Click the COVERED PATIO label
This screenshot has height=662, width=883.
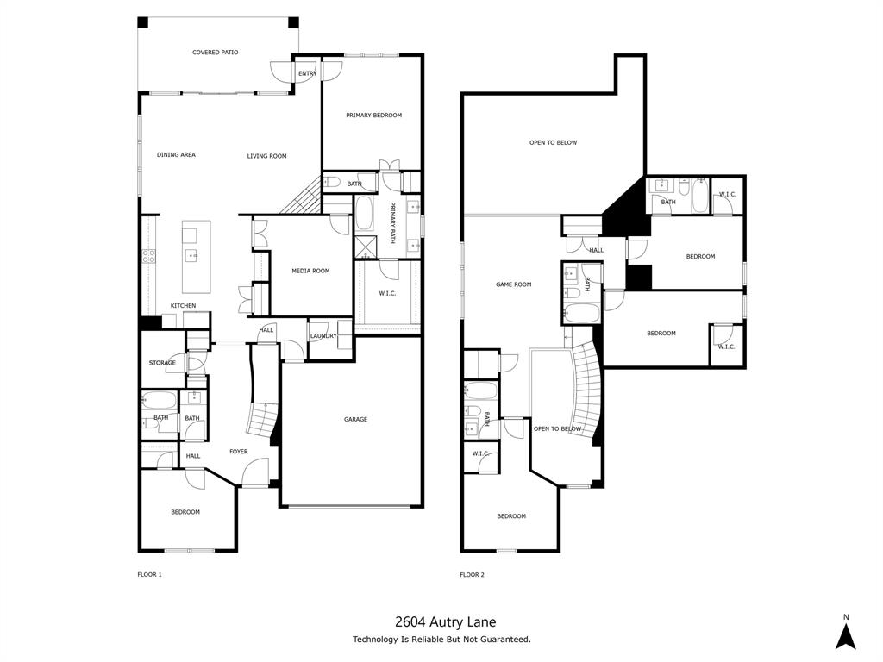[215, 53]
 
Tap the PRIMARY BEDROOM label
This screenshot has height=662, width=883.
[373, 116]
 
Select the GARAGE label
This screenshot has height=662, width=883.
[355, 420]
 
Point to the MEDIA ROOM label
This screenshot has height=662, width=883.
[310, 271]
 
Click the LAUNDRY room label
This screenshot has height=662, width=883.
[323, 336]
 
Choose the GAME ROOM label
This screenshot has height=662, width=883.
[513, 284]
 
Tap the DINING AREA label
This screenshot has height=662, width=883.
[176, 155]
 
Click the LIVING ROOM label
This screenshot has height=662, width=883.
[266, 156]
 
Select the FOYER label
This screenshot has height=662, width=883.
[238, 452]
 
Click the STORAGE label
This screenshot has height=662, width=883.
[161, 363]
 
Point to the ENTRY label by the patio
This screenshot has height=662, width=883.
[307, 74]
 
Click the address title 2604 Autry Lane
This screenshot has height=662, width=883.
[445, 621]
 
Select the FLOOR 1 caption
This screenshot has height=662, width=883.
[149, 574]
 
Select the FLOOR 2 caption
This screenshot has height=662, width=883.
[472, 574]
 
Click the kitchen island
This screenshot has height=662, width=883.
[196, 255]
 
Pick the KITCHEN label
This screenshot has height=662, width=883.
[183, 306]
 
